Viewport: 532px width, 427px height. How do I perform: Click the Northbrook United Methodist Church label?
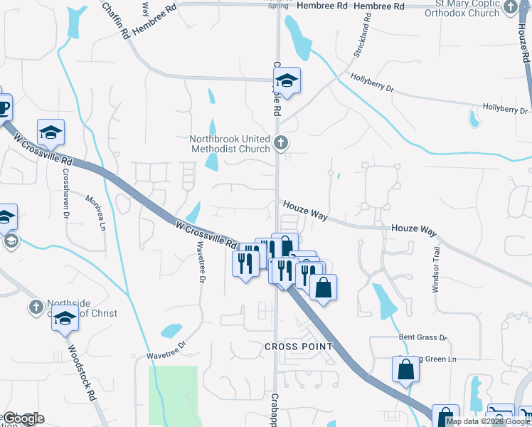click(230, 144)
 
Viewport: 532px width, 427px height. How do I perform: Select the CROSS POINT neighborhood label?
click(299, 347)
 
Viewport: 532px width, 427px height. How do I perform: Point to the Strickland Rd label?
click(363, 40)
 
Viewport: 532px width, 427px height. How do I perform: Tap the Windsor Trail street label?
click(437, 270)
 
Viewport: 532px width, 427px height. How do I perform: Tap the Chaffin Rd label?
click(115, 19)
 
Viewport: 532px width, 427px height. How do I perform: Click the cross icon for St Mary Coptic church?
click(511, 8)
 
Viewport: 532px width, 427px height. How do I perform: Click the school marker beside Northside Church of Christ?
click(65, 318)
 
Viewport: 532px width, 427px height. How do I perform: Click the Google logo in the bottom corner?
click(23, 418)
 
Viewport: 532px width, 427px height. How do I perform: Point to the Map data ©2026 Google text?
click(487, 421)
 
